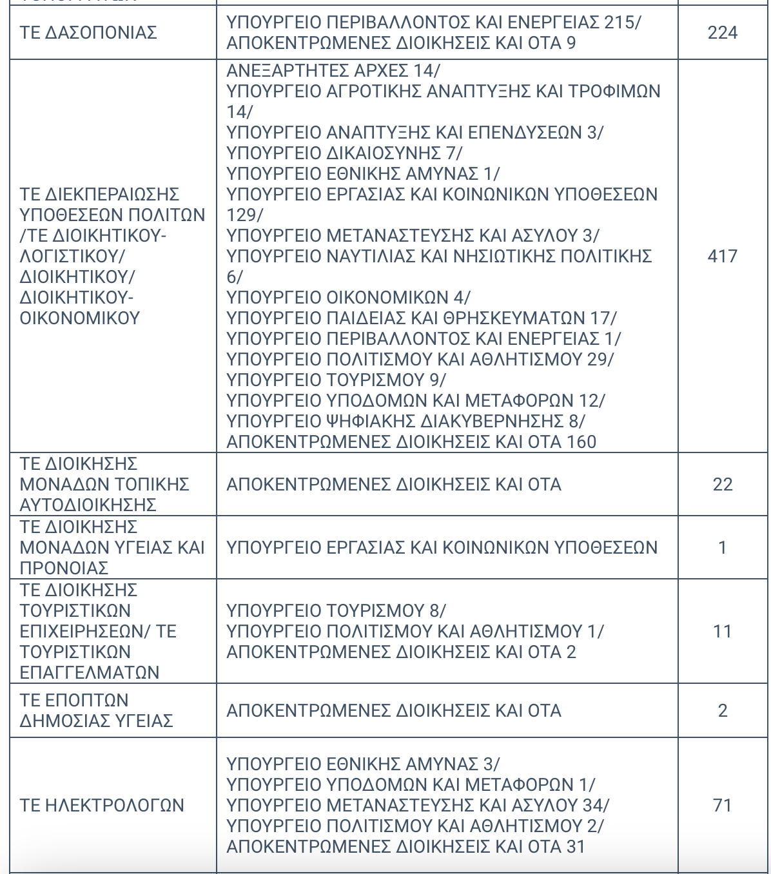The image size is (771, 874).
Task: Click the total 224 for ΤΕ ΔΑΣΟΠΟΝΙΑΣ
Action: [x=722, y=32]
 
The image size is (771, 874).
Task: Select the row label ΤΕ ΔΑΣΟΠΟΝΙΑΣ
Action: [x=88, y=32]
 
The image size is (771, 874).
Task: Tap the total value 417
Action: [x=722, y=256]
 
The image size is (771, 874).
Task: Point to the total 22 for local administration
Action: [x=722, y=484]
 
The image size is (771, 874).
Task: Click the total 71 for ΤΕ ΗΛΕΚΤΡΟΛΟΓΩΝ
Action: [x=722, y=805]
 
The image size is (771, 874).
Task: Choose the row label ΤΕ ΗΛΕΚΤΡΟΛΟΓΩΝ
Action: [x=102, y=805]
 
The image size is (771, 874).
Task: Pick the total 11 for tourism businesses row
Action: [x=722, y=631]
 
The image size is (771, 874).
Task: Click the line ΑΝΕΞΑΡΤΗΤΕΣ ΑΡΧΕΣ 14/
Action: [x=333, y=70]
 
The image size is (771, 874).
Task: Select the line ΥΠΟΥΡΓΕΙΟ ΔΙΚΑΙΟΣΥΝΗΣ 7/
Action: [x=344, y=153]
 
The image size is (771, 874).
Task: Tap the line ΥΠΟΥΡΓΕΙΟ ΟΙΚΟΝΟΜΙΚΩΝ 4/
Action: [x=348, y=297]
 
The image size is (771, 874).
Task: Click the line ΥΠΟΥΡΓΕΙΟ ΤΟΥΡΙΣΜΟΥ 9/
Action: [x=336, y=380]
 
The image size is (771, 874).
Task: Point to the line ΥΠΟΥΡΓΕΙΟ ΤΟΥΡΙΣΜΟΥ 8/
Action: [x=336, y=610]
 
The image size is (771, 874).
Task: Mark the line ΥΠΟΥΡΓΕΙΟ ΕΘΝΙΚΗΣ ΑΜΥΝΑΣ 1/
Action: [x=363, y=173]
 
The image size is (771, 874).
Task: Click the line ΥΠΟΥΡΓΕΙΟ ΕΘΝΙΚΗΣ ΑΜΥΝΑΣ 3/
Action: [x=363, y=764]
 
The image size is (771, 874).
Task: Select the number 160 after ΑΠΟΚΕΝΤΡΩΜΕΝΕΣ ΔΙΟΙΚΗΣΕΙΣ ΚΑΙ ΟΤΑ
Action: [x=581, y=442]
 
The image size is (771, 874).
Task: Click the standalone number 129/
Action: [x=245, y=215]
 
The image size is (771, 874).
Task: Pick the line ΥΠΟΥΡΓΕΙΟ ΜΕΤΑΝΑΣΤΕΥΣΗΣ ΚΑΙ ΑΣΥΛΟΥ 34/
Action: [x=418, y=805]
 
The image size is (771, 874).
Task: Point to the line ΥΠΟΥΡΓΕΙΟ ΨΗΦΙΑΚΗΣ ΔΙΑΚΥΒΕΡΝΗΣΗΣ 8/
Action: [x=405, y=421]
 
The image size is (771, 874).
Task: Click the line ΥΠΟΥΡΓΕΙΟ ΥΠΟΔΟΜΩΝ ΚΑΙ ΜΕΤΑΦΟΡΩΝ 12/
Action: [x=416, y=400]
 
